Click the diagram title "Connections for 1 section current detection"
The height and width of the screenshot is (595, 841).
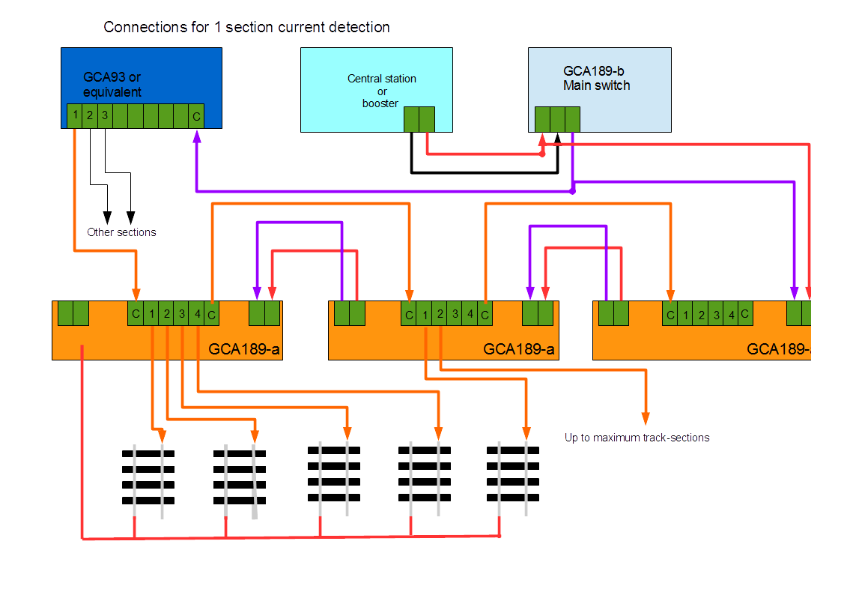(x=246, y=28)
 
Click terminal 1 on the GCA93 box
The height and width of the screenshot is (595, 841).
(x=76, y=116)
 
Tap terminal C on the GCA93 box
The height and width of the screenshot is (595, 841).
(x=196, y=116)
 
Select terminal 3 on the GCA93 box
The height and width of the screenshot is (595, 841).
(x=105, y=116)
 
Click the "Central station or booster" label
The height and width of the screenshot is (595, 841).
(x=381, y=91)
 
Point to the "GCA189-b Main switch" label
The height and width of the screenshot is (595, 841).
(x=596, y=79)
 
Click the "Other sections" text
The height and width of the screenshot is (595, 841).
(x=121, y=232)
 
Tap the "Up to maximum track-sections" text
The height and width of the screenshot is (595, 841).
(x=637, y=437)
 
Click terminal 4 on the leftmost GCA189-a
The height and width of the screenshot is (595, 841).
(x=197, y=314)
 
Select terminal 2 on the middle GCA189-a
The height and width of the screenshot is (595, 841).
(x=440, y=314)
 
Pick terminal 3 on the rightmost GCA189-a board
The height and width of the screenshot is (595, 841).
(x=716, y=315)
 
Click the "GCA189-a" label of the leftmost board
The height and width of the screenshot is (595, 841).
(x=244, y=348)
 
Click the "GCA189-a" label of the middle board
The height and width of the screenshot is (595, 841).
(x=519, y=348)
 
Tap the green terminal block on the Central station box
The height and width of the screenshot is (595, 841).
(x=419, y=119)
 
